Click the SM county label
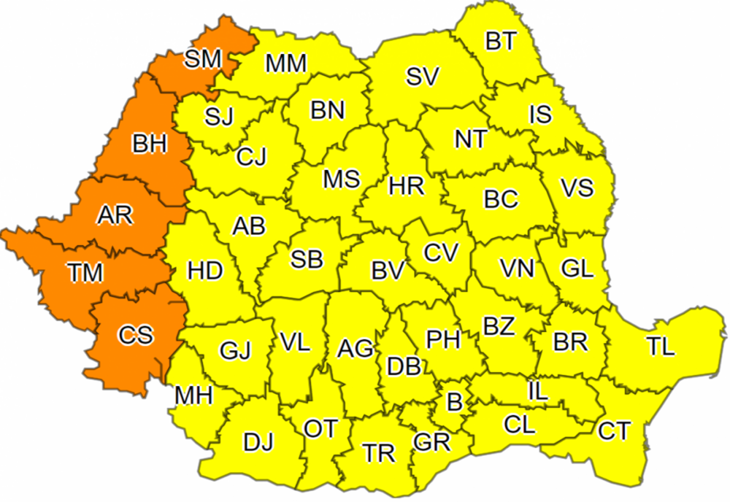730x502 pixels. pos(202,59)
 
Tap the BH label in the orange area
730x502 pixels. pos(150,143)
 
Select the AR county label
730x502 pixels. pos(115,215)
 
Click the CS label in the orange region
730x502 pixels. pos(136,335)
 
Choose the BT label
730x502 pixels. pos(500,42)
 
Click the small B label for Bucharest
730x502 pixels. pos(454,401)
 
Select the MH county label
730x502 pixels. pos(193,396)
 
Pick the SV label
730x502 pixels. pos(423,77)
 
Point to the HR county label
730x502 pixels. pos(407,186)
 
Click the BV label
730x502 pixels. pos(388,271)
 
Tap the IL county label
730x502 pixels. pos(537,392)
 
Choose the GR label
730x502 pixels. pos(431,441)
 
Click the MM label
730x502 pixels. pos(285,63)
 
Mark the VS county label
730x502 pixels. pos(577,188)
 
